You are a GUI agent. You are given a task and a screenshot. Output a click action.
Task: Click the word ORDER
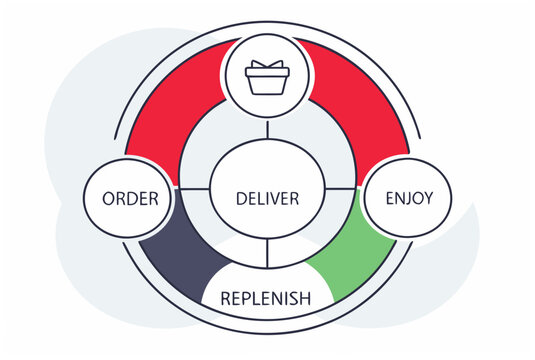click(131, 198)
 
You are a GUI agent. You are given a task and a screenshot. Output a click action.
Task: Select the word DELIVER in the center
click(267, 198)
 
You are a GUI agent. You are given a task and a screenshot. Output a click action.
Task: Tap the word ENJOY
click(409, 198)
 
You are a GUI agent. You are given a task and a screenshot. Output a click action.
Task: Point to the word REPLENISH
click(266, 298)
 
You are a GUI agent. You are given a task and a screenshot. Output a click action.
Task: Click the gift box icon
click(267, 78)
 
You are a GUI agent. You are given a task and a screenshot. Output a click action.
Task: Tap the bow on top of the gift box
click(267, 64)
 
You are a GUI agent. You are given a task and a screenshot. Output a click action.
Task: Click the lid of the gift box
click(267, 73)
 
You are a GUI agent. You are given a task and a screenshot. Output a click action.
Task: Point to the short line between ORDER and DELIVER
click(194, 187)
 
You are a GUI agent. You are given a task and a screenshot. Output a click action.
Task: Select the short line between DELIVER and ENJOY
click(340, 187)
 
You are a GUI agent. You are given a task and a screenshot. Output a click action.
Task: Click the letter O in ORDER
click(109, 198)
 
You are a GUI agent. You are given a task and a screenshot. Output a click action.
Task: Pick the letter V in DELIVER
click(281, 198)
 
